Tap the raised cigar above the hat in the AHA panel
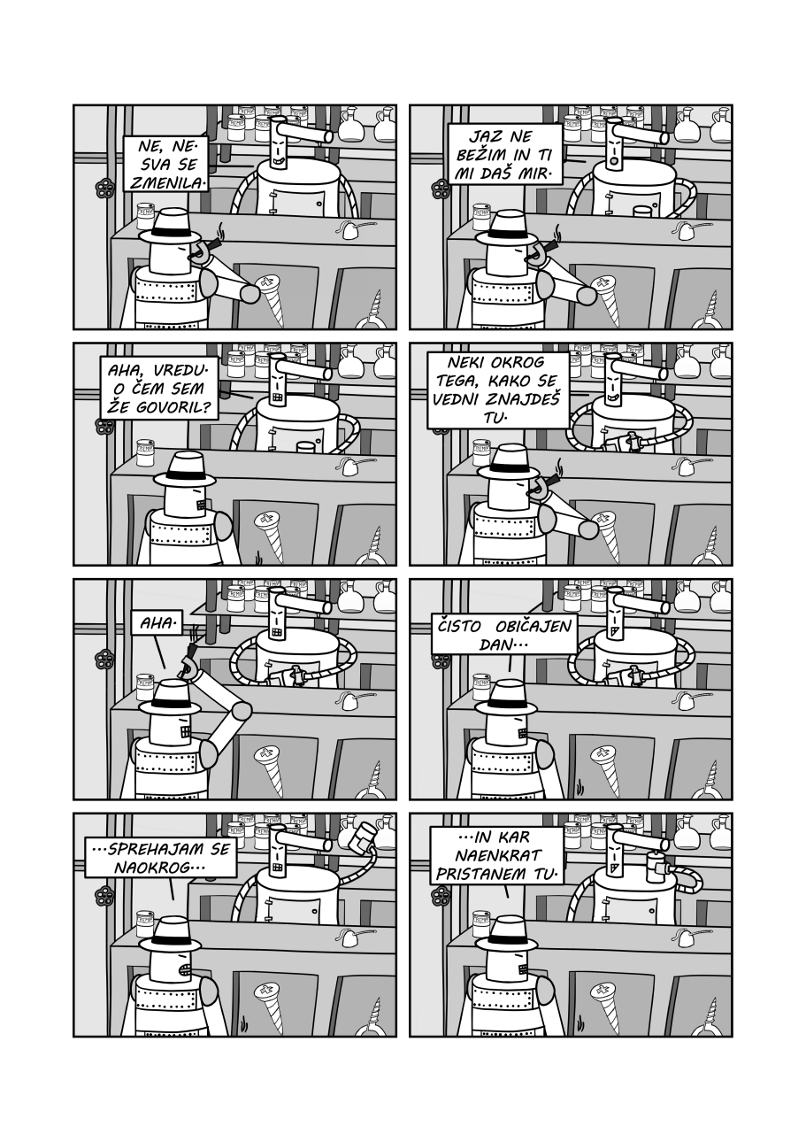click(190, 653)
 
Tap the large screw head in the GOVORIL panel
click(267, 521)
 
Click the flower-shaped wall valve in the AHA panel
click(104, 661)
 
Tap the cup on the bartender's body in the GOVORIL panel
click(306, 447)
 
